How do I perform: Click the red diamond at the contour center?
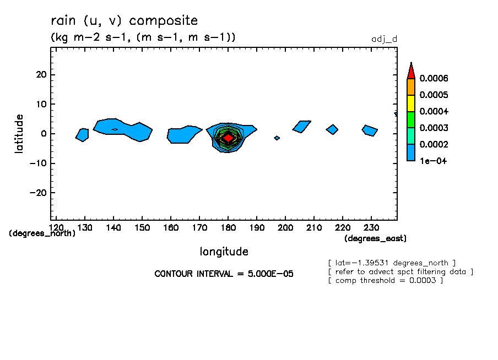[228, 138]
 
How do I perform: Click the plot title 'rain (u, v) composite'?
[124, 21]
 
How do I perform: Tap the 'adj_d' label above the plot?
[385, 39]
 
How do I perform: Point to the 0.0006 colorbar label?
[434, 78]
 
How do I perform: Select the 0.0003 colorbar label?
[434, 128]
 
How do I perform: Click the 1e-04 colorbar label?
[433, 161]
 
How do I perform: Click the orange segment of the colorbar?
[411, 86]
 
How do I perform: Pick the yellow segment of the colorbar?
[411, 103]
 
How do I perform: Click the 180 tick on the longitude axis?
[228, 227]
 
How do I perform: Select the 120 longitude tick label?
[56, 227]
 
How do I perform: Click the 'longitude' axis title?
[224, 252]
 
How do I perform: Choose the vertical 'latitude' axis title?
[19, 133]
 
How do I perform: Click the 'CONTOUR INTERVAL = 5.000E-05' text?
[224, 274]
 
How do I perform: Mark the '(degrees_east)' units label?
[375, 238]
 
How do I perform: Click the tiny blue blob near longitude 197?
[277, 138]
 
